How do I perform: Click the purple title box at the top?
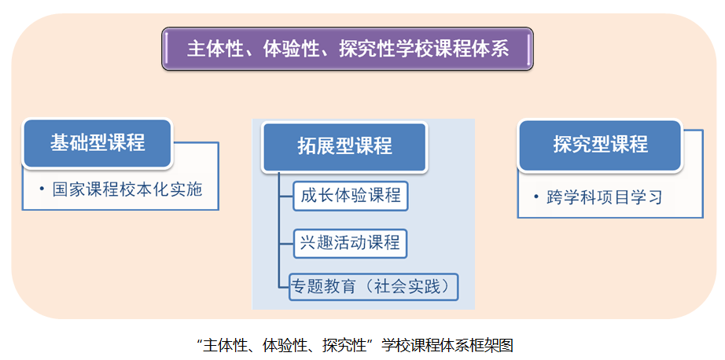tap(348, 49)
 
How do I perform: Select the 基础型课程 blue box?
tap(98, 143)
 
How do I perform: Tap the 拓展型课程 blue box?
tap(344, 147)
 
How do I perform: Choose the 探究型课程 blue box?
tap(600, 145)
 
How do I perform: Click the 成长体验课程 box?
tap(351, 196)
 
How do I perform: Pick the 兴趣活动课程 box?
tap(350, 243)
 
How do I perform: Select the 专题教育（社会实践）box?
tap(374, 287)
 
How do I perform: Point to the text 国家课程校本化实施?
tap(127, 189)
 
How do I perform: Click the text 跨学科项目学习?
tap(605, 197)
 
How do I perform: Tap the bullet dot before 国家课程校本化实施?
tap(42, 189)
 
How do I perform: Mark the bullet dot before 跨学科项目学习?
tap(535, 197)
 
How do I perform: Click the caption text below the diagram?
tap(355, 345)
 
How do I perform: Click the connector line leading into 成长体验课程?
tap(286, 196)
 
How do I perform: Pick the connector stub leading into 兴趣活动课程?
tap(286, 243)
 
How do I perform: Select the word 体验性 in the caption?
tap(283, 345)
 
